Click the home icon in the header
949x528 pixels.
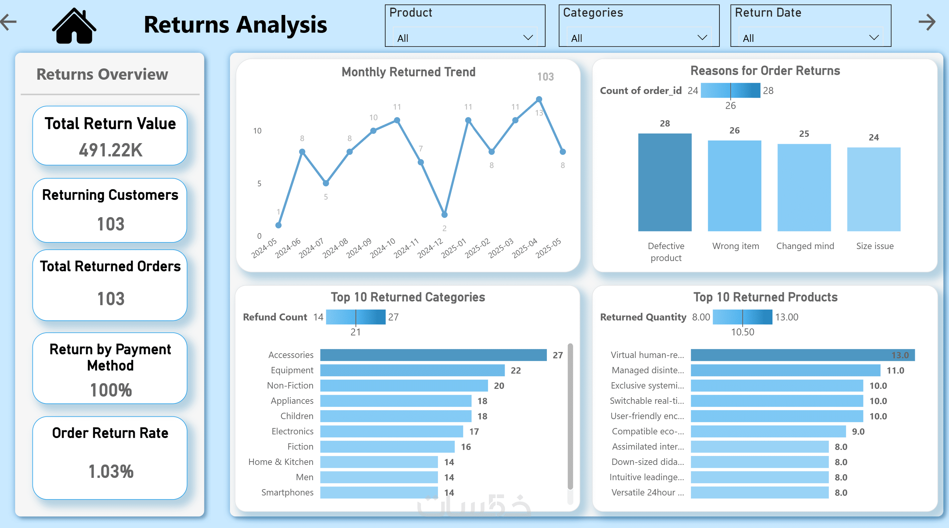pyautogui.click(x=74, y=26)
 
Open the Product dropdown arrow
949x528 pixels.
pyautogui.click(x=528, y=38)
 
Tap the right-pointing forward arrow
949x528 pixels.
pyautogui.click(x=927, y=22)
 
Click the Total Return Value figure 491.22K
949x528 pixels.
pyautogui.click(x=110, y=150)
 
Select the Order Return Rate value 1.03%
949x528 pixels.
pyautogui.click(x=111, y=471)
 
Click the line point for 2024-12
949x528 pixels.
pyautogui.click(x=444, y=215)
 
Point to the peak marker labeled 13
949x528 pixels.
pyautogui.click(x=539, y=99)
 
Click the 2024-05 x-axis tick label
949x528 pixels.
pyautogui.click(x=264, y=248)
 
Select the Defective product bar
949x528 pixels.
pyautogui.click(x=665, y=182)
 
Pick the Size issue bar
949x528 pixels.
pyautogui.click(x=873, y=189)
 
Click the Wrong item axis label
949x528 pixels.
pyautogui.click(x=735, y=246)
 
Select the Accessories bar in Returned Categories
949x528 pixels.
pyautogui.click(x=433, y=355)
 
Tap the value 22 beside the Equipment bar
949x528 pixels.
pyautogui.click(x=515, y=370)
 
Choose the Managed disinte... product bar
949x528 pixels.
pyautogui.click(x=785, y=370)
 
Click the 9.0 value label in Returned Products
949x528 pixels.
pyautogui.click(x=858, y=431)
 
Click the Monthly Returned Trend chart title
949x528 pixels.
pyautogui.click(x=408, y=72)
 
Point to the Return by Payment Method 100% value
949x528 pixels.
pyautogui.click(x=111, y=390)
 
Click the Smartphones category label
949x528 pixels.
pyautogui.click(x=287, y=492)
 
